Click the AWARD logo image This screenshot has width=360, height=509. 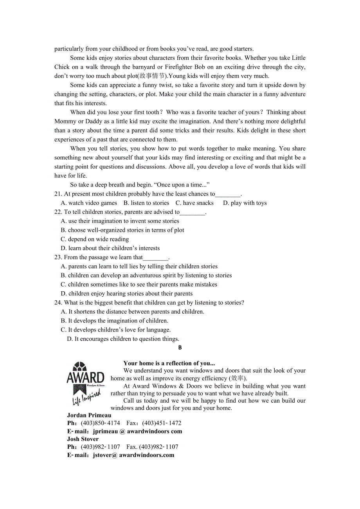(x=85, y=383)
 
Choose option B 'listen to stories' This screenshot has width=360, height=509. (x=146, y=203)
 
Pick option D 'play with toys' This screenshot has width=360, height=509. (x=245, y=203)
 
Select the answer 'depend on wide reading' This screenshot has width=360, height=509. (x=95, y=239)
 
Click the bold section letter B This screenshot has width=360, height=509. (x=180, y=348)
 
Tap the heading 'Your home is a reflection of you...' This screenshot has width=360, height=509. (x=169, y=363)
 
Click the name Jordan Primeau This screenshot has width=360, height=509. (x=89, y=415)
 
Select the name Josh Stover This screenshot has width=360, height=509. (x=83, y=439)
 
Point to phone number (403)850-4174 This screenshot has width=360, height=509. (x=101, y=423)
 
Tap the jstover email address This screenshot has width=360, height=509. (x=133, y=455)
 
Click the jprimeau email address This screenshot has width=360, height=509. (x=137, y=432)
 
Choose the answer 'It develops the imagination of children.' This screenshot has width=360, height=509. (x=115, y=321)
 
